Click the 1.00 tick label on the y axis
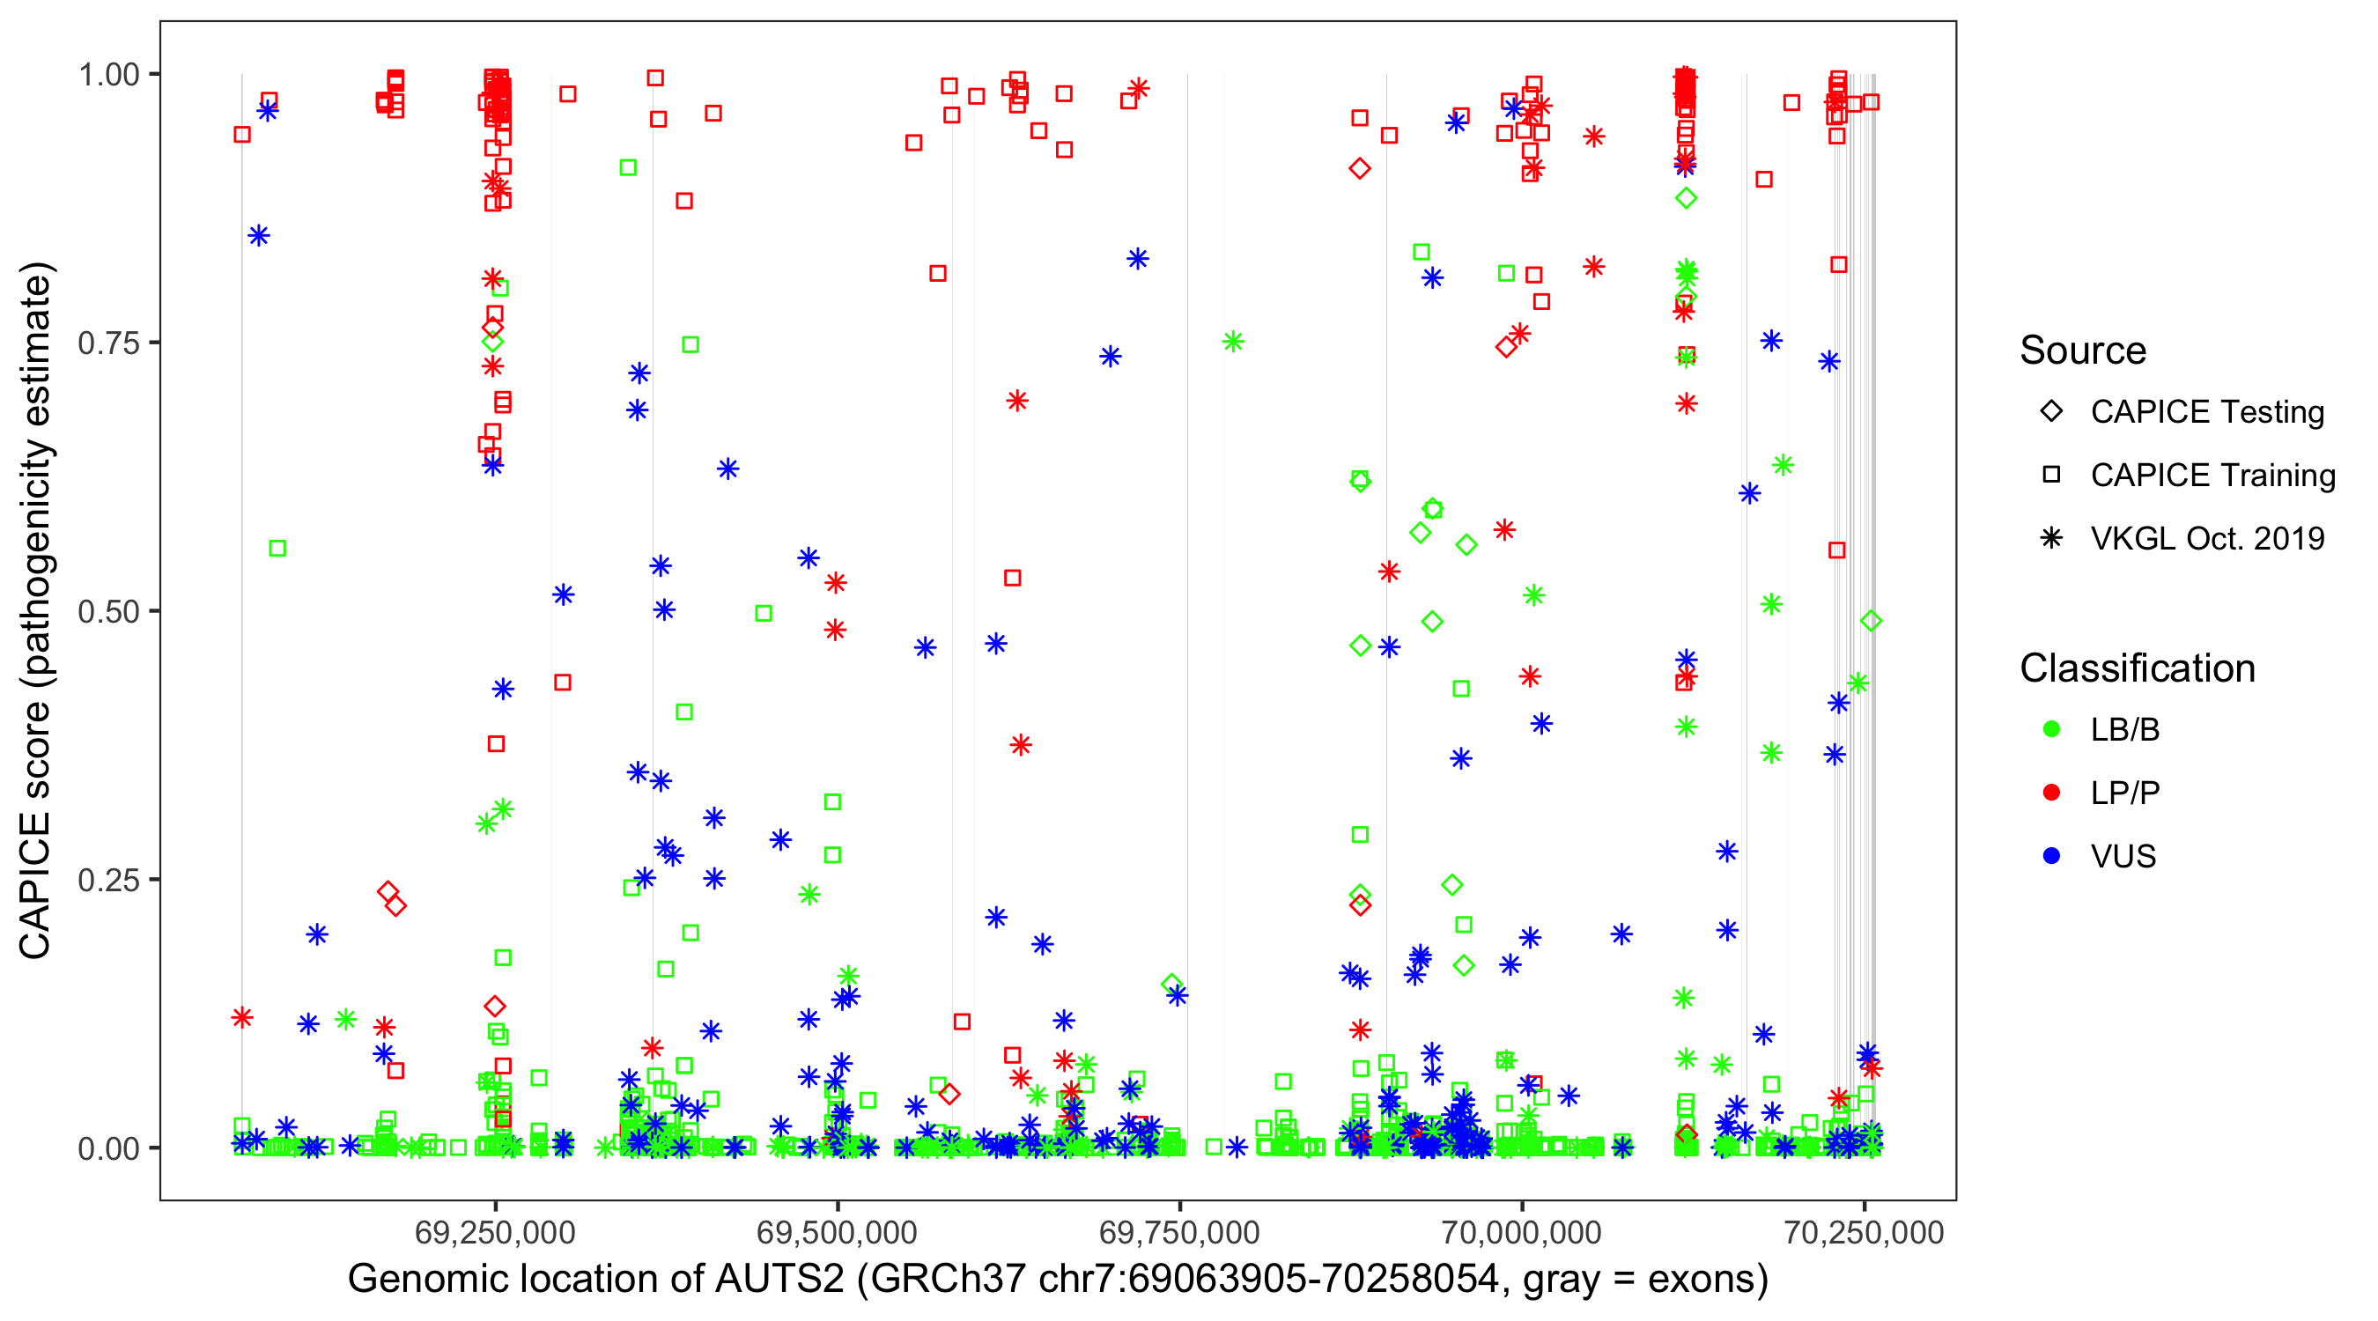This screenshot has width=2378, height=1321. [x=108, y=75]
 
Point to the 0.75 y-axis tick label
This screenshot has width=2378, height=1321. [x=108, y=343]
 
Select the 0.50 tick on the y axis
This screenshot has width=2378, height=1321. [x=108, y=612]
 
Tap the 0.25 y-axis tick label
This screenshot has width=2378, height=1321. [x=108, y=880]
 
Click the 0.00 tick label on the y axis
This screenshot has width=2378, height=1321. [x=108, y=1148]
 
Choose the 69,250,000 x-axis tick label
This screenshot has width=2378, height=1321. [x=495, y=1233]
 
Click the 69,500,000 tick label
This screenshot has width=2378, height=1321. [x=838, y=1233]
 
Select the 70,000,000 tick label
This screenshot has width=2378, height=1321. [x=1521, y=1233]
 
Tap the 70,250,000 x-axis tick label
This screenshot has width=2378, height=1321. [x=1864, y=1233]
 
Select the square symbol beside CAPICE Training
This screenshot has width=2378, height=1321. [x=2051, y=476]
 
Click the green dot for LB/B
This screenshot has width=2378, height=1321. [x=2051, y=730]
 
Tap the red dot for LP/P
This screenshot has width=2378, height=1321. [x=2051, y=793]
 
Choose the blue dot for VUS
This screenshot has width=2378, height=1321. [x=2051, y=857]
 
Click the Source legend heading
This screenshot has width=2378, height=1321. [x=2083, y=351]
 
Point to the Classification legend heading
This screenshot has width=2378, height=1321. [x=2137, y=668]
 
